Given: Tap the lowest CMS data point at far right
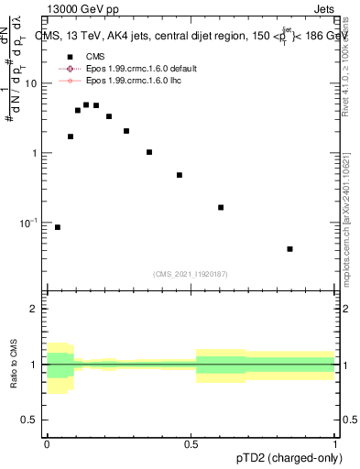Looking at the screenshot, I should click(290, 249).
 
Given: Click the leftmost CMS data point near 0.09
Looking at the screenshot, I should click(58, 227).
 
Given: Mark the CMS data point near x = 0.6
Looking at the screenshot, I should click(221, 208).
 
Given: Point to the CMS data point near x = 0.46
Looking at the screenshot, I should click(180, 175).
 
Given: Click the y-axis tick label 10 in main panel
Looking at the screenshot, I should click(31, 83).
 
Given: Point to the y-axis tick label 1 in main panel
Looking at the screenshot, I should click(35, 153).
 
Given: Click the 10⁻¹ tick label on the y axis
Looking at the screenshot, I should click(29, 223).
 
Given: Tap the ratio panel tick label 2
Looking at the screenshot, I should click(35, 310).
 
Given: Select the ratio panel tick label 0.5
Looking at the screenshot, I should click(31, 421).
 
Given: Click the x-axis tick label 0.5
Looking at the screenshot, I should click(191, 442).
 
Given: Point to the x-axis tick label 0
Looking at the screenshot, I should click(47, 442).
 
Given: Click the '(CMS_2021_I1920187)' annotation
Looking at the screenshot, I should click(191, 274).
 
